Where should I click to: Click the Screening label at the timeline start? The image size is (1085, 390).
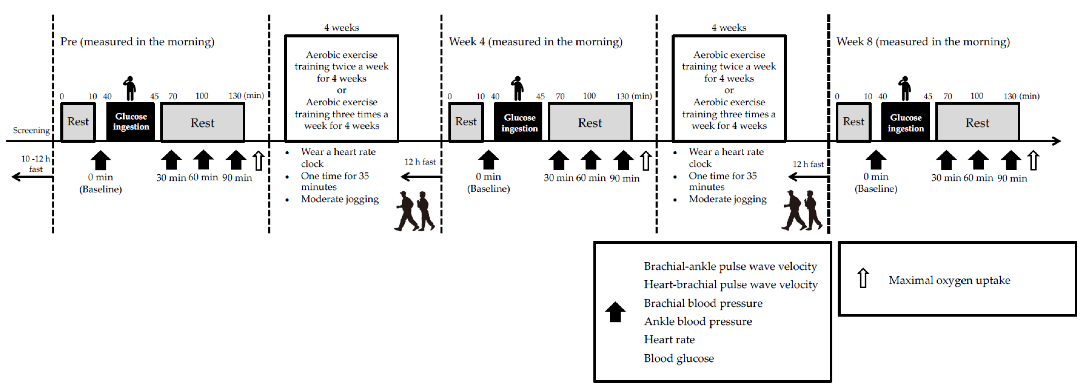click(x=31, y=131)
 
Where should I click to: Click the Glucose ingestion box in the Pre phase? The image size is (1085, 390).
click(x=131, y=122)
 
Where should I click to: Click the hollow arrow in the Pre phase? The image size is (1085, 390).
click(x=258, y=161)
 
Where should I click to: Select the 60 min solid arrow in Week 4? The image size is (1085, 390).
click(x=591, y=160)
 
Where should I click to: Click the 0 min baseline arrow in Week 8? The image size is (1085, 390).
click(x=876, y=160)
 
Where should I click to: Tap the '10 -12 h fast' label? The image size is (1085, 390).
click(x=36, y=164)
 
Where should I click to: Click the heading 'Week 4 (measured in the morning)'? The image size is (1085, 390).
click(x=535, y=42)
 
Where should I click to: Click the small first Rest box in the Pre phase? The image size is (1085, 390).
click(x=78, y=122)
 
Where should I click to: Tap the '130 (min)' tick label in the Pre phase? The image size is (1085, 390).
click(x=246, y=96)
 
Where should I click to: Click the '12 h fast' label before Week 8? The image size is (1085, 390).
click(x=808, y=164)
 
